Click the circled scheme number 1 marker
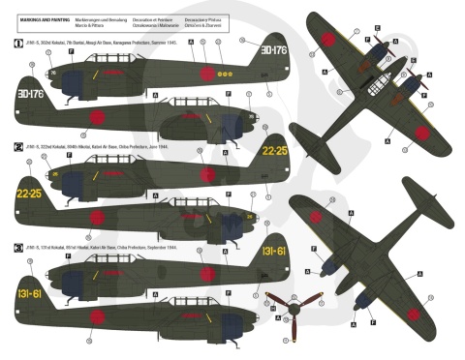pos(10,44)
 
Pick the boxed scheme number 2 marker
pos(10,145)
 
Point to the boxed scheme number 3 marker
pos(10,247)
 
